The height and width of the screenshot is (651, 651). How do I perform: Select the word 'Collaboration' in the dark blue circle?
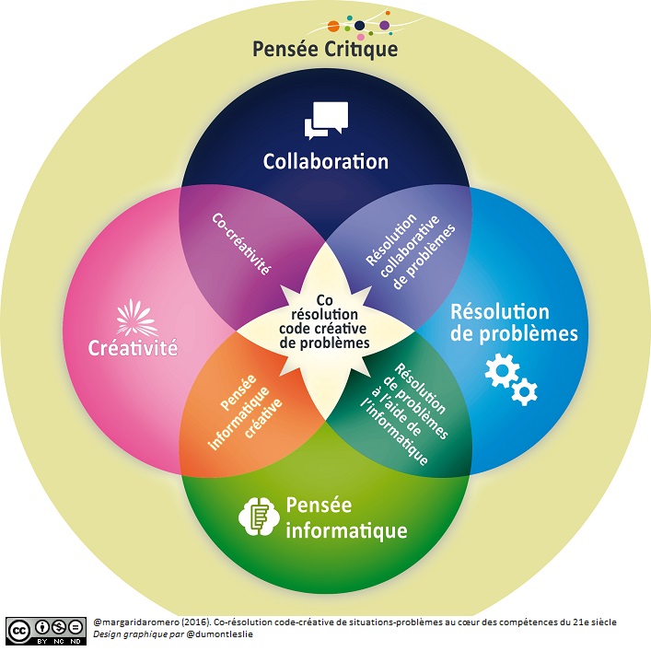325,161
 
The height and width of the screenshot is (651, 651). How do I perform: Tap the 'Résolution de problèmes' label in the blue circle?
514,322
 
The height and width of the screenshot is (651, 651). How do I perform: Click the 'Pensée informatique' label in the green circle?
345,517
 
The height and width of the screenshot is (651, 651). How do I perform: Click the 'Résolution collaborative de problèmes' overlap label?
411,247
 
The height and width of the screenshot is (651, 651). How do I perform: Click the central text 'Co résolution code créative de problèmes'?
323,321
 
